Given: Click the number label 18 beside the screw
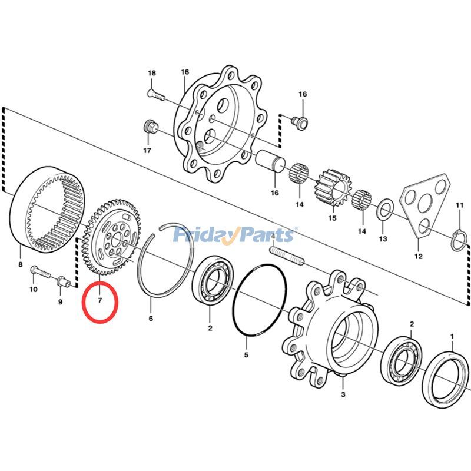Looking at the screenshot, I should pos(152,73).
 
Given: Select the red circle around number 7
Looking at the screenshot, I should pos(100,301).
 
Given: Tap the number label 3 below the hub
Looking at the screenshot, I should pos(343,394).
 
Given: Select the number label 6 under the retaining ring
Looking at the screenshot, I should pos(151,319).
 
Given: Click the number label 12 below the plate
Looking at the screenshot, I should pos(419,256).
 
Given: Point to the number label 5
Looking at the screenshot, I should pos(247,355).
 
